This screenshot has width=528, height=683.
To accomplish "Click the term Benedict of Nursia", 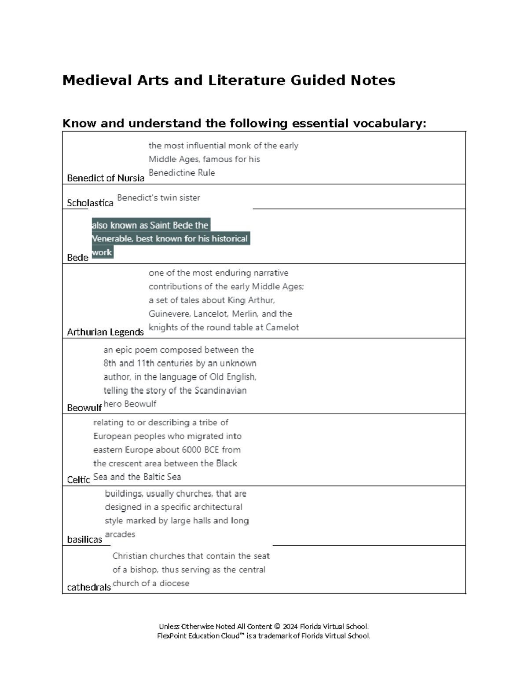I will coord(106,178).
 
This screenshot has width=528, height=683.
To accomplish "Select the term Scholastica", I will coord(90,203).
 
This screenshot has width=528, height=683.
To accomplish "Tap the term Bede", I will coord(77,258).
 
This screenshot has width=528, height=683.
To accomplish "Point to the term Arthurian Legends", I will coord(105,332).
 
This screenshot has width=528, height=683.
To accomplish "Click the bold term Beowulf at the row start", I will coord(84,408).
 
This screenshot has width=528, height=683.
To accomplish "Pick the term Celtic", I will coord(78,480).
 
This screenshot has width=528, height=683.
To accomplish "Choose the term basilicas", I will coord(84,540).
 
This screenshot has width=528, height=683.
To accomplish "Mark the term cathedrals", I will coord(89,588).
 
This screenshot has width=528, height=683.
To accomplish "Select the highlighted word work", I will coord(102,252).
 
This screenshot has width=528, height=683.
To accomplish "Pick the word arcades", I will coord(120,534).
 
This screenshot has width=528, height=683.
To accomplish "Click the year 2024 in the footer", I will coord(290,627).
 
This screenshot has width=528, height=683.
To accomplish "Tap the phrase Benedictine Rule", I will coord(182,173).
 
